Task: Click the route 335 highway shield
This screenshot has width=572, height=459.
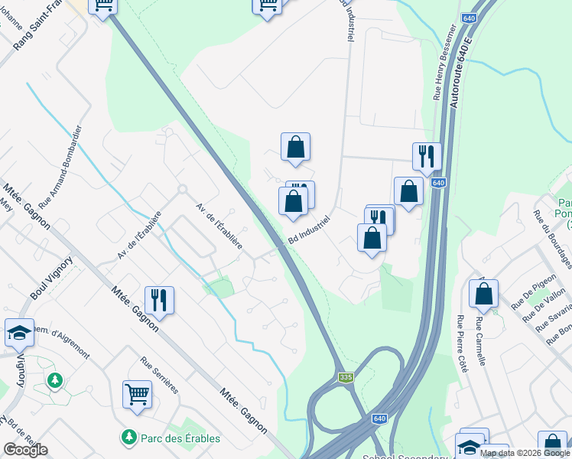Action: [x=346, y=377]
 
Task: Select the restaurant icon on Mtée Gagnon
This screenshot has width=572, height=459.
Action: [x=159, y=300]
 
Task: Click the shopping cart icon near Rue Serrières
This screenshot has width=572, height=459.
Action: [x=137, y=394]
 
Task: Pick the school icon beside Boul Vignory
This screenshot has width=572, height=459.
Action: [x=19, y=332]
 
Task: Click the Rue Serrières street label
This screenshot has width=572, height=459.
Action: [x=159, y=375]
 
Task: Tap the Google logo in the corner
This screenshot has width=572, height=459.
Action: [x=25, y=449]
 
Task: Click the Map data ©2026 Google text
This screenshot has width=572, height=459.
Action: [x=525, y=453]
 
